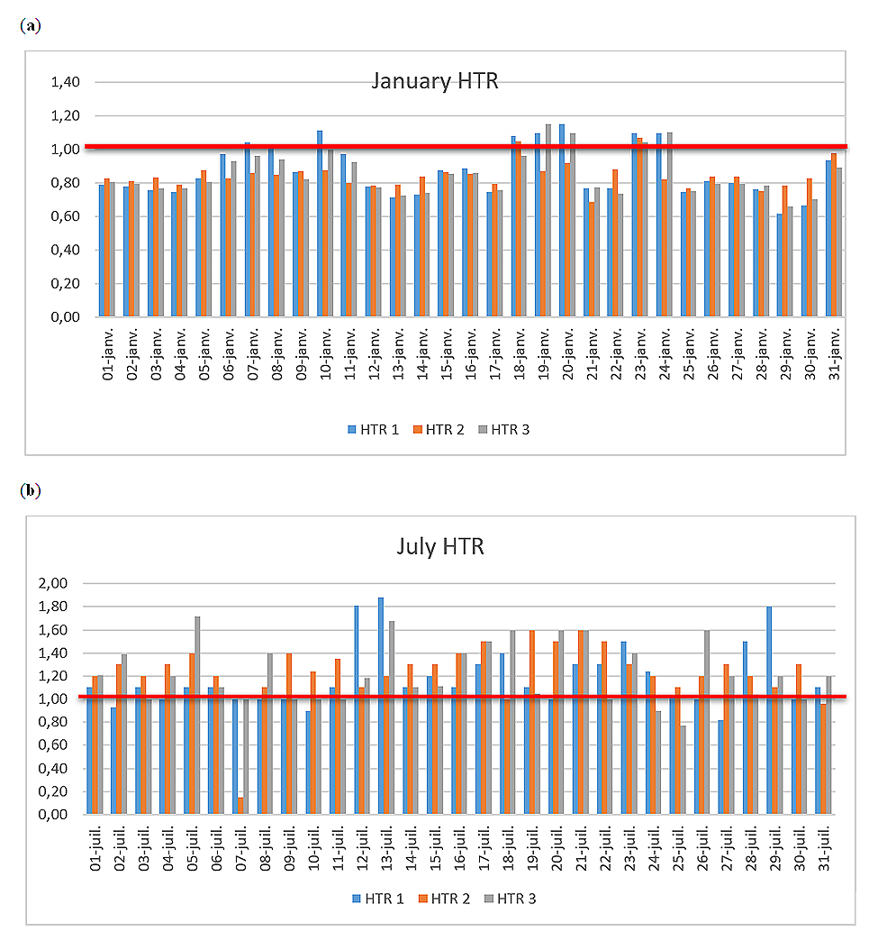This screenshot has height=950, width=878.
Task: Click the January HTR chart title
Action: pyautogui.click(x=435, y=81)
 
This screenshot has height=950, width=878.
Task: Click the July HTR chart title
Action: pyautogui.click(x=443, y=546)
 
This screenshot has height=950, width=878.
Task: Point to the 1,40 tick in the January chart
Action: pyautogui.click(x=67, y=82)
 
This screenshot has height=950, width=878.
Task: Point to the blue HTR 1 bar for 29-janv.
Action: pyautogui.click(x=780, y=266)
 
